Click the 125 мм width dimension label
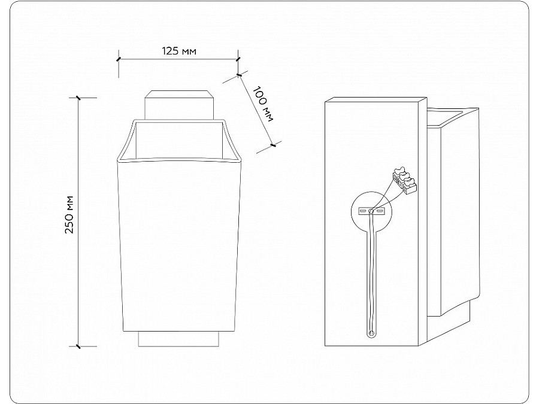click(179, 51)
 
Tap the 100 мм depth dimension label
click(264, 104)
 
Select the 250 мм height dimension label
click(69, 214)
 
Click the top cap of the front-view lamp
click(180, 105)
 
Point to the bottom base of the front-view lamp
click(178, 339)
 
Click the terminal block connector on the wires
click(405, 181)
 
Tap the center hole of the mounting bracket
click(371, 211)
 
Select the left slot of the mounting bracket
click(363, 211)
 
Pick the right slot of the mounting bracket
click(380, 211)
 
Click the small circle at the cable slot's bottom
click(371, 333)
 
